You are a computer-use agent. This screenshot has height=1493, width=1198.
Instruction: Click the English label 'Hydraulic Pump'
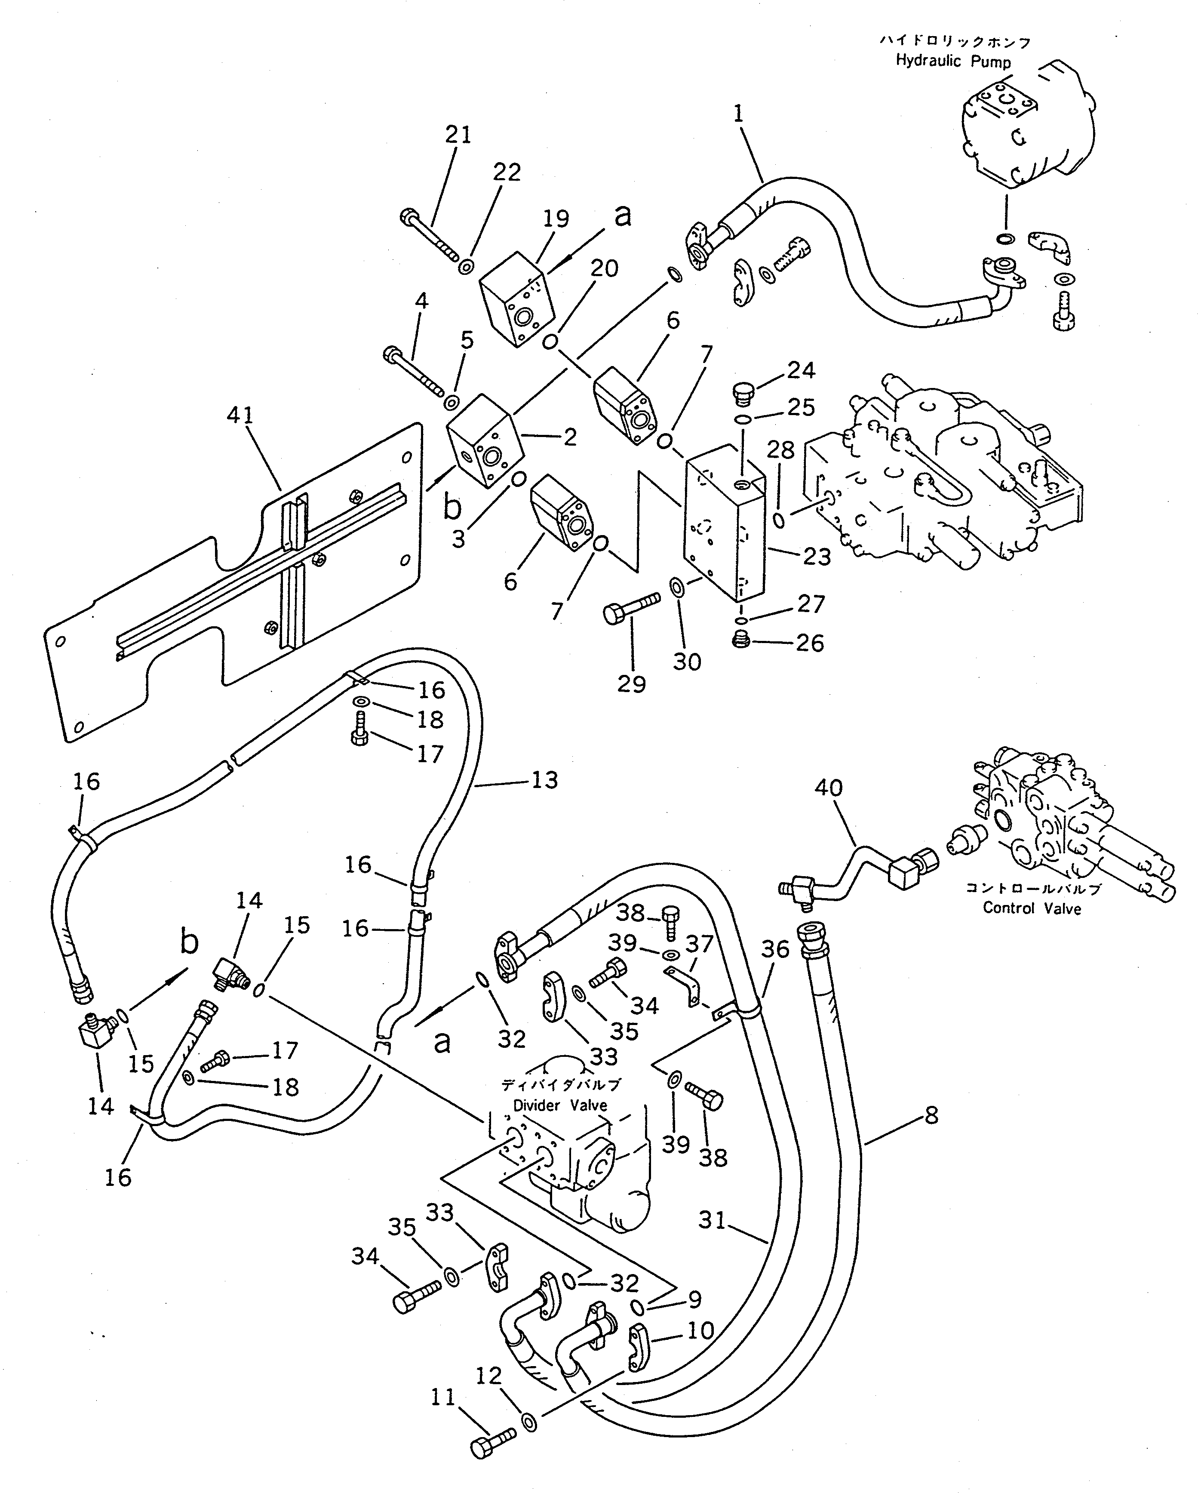click(952, 62)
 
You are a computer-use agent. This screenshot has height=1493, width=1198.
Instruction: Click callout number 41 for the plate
click(240, 416)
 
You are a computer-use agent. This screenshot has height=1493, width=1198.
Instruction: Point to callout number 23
click(816, 556)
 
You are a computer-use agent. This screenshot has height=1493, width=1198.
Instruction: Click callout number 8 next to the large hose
click(931, 1116)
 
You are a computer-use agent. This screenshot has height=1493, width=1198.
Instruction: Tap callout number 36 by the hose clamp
click(775, 950)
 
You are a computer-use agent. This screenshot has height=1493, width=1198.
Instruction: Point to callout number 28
click(780, 451)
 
